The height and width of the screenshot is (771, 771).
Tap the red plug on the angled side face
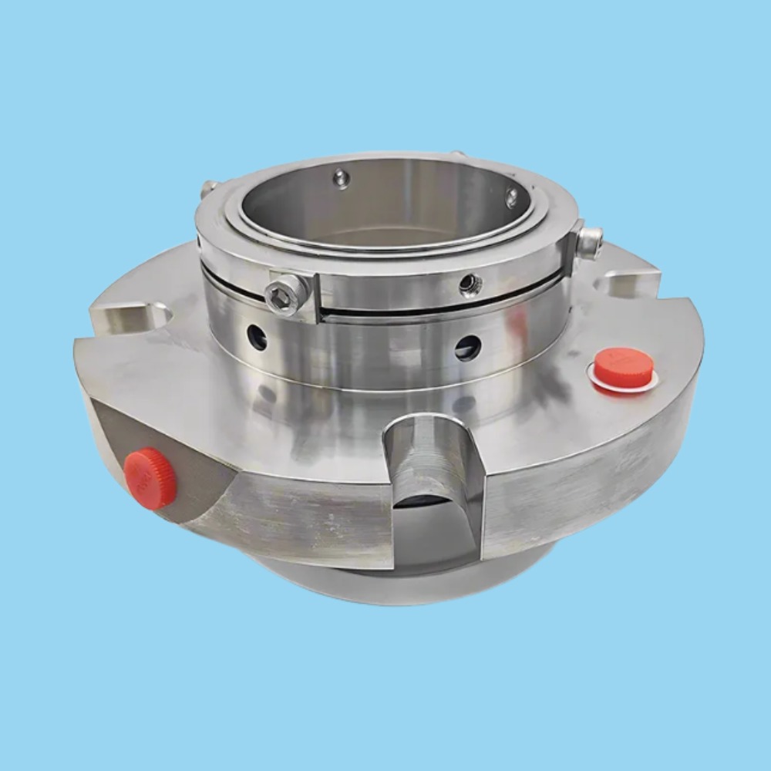click(x=150, y=478)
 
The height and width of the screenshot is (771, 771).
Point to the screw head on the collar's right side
click(x=591, y=242)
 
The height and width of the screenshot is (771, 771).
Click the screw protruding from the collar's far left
click(x=207, y=187)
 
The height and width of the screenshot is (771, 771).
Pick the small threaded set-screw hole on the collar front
click(x=470, y=285)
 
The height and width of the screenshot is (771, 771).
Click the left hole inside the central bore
click(x=341, y=179)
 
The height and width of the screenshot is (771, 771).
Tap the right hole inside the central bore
click(x=511, y=197)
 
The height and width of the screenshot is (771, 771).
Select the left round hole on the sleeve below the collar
click(x=257, y=336)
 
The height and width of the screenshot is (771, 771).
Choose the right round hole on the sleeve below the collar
click(x=467, y=348)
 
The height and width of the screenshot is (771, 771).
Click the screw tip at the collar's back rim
click(x=458, y=154)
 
